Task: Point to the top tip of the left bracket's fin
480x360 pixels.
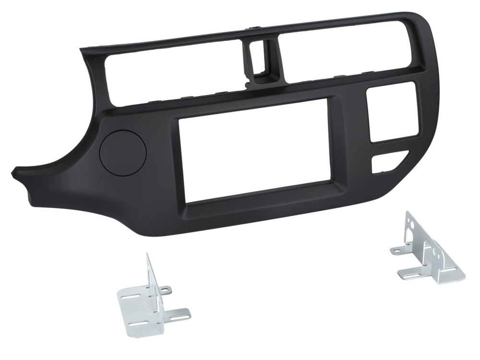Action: (x=147, y=254)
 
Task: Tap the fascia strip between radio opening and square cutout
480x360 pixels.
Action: (x=349, y=144)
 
